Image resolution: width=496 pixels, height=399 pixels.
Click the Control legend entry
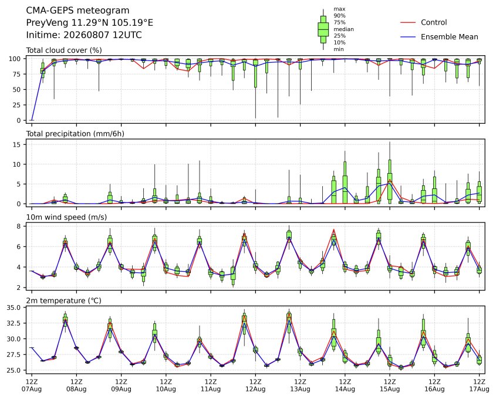pyautogui.click(x=434, y=22)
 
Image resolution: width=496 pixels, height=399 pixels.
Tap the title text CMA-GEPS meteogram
pyautogui.click(x=77, y=11)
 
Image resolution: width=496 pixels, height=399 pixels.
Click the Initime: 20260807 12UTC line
pyautogui.click(x=84, y=35)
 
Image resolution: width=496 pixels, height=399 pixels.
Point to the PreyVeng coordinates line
pyautogui.click(x=90, y=23)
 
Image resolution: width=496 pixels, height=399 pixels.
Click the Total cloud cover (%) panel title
pyautogui.click(x=64, y=50)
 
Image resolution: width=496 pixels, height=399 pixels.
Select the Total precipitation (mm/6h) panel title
pyautogui.click(x=75, y=134)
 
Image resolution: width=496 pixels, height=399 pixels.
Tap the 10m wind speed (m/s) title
pyautogui.click(x=66, y=217)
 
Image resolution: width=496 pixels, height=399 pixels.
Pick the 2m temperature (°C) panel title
pyautogui.click(x=63, y=300)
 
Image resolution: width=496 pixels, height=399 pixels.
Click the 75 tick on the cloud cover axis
pyautogui.click(x=16, y=75)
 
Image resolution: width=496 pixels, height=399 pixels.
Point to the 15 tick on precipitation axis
pyautogui.click(x=17, y=144)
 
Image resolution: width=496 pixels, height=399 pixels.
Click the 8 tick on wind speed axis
pyautogui.click(x=19, y=226)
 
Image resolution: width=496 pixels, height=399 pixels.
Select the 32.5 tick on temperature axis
pyautogui.click(x=14, y=323)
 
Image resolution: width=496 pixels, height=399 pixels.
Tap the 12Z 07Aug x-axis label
pyautogui.click(x=32, y=386)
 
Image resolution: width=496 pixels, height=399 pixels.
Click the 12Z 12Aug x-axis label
pyautogui.click(x=255, y=386)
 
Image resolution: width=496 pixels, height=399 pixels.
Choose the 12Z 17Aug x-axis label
pyautogui.click(x=479, y=386)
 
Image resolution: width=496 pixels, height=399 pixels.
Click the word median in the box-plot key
pyautogui.click(x=343, y=29)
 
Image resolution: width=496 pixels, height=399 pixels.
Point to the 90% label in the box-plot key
pyautogui.click(x=339, y=16)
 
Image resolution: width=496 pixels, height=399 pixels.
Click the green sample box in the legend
pyautogui.click(x=323, y=29)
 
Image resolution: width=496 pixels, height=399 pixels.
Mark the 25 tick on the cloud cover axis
pyautogui.click(x=16, y=105)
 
